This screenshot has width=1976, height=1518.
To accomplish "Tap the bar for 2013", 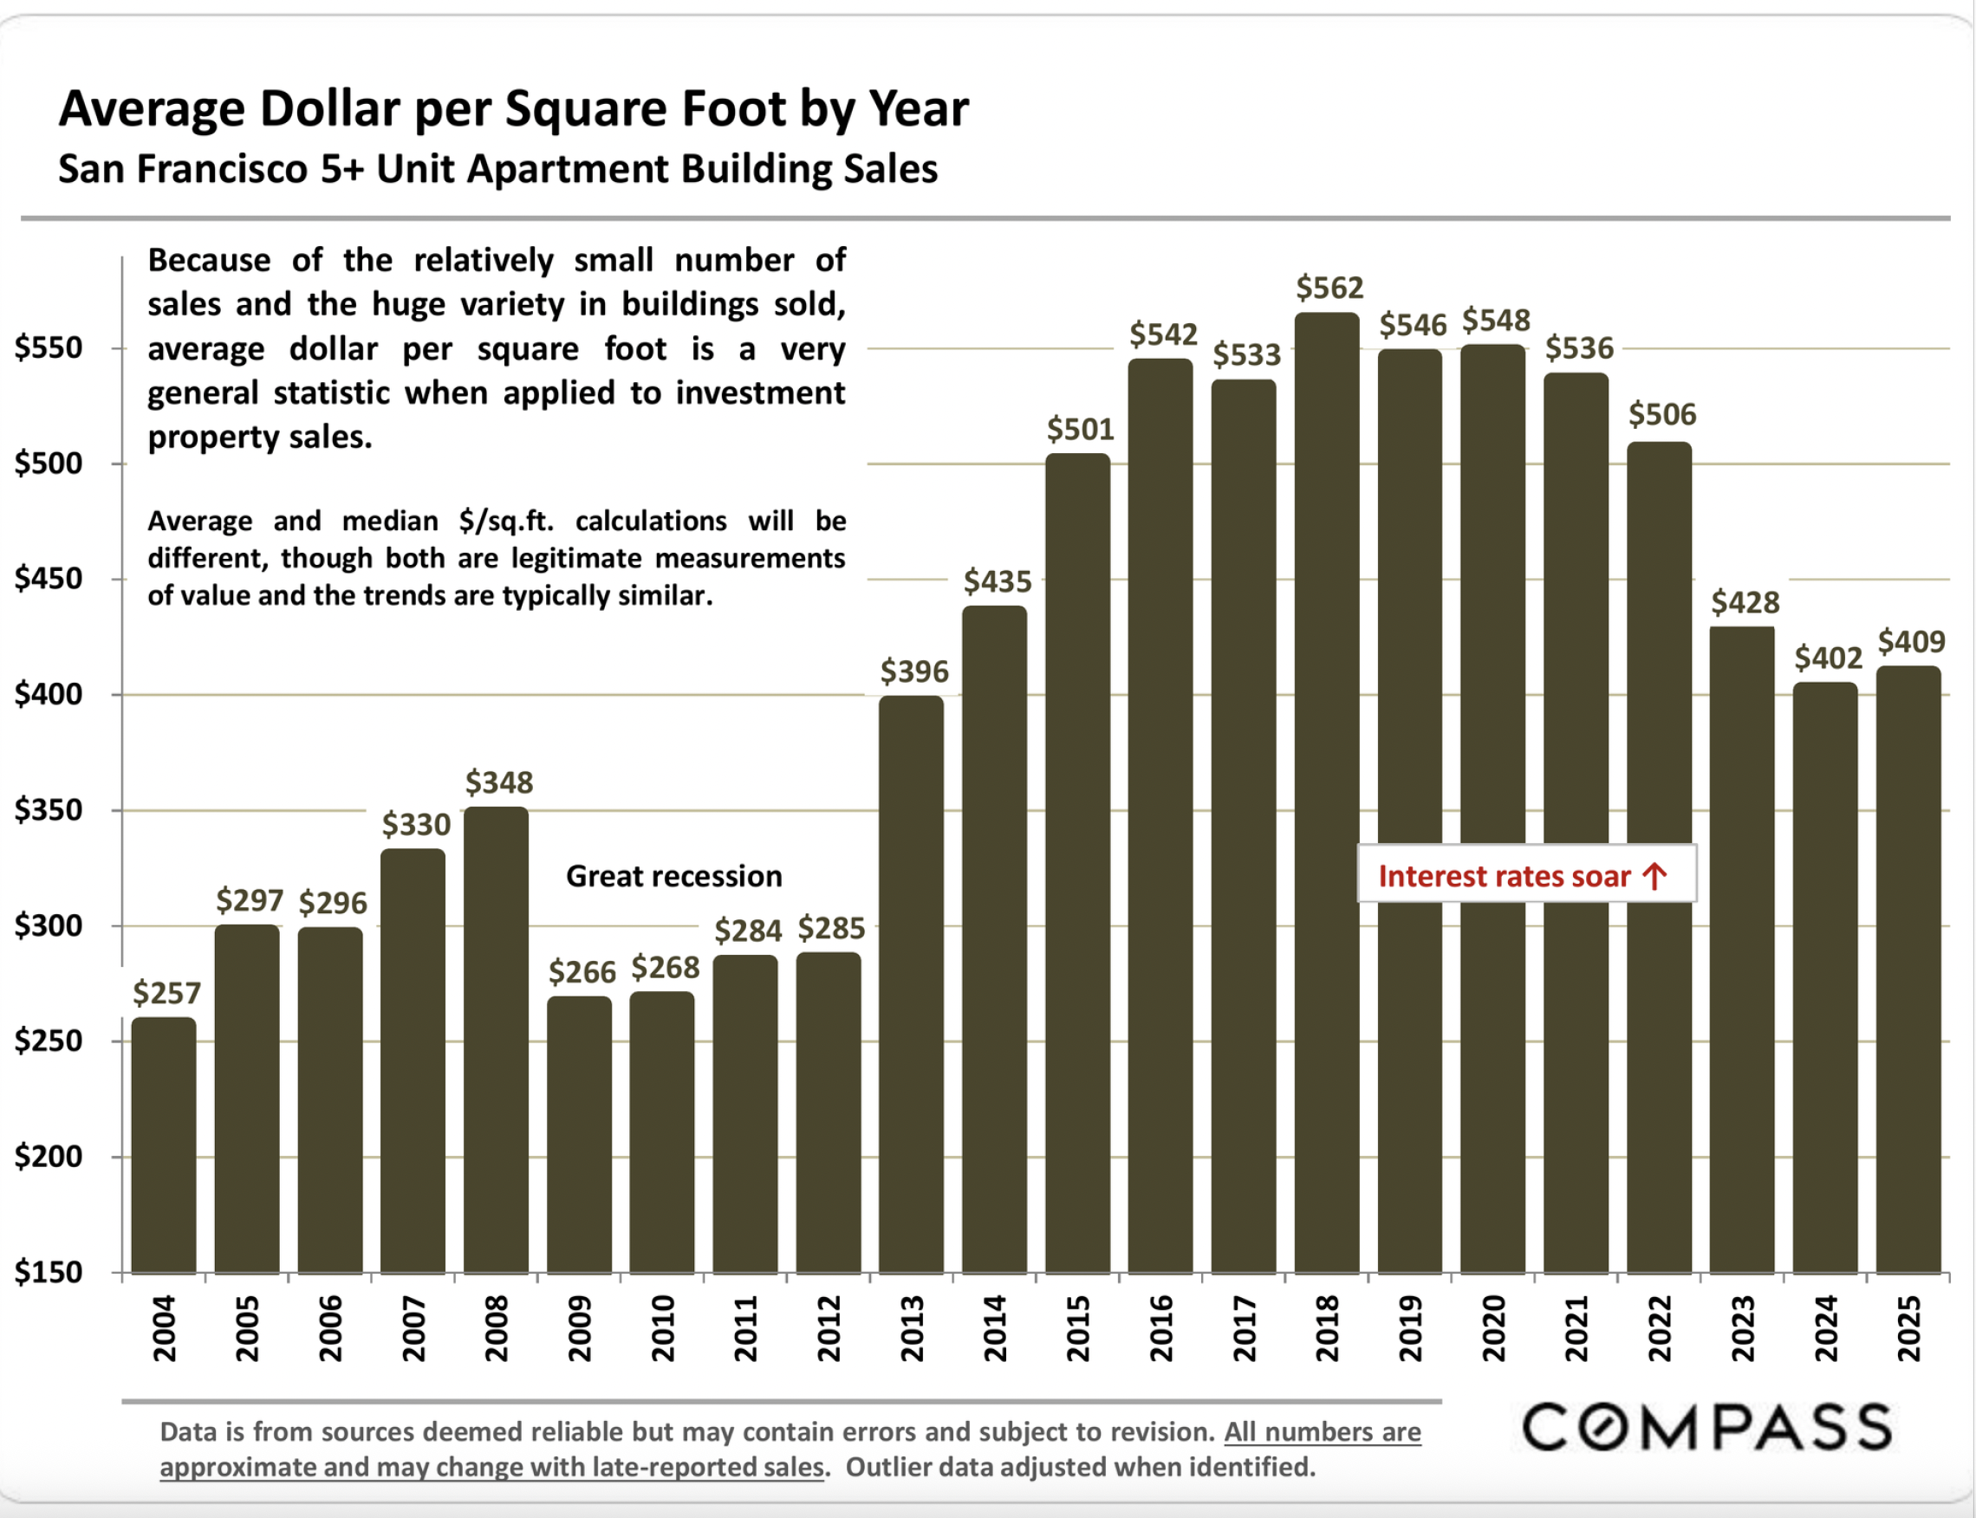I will (911, 984).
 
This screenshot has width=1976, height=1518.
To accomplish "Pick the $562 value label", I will (1329, 289).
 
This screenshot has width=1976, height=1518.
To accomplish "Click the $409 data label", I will (1911, 641).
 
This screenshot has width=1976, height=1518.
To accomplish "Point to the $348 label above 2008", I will (499, 782).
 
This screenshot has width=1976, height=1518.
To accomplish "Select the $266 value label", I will (582, 972).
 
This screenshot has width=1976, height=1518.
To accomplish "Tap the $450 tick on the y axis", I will (48, 578).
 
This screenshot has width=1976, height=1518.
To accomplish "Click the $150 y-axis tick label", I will (48, 1271).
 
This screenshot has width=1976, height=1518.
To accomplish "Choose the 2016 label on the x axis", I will (1160, 1327).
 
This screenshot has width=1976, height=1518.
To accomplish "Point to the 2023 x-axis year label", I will (1743, 1327).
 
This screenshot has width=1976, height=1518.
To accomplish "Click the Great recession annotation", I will (673, 877).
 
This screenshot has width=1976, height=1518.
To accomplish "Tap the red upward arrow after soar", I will (1654, 876).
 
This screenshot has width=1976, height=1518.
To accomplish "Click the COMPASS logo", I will (1706, 1427).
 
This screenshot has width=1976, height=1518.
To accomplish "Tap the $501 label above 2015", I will (1080, 429).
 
